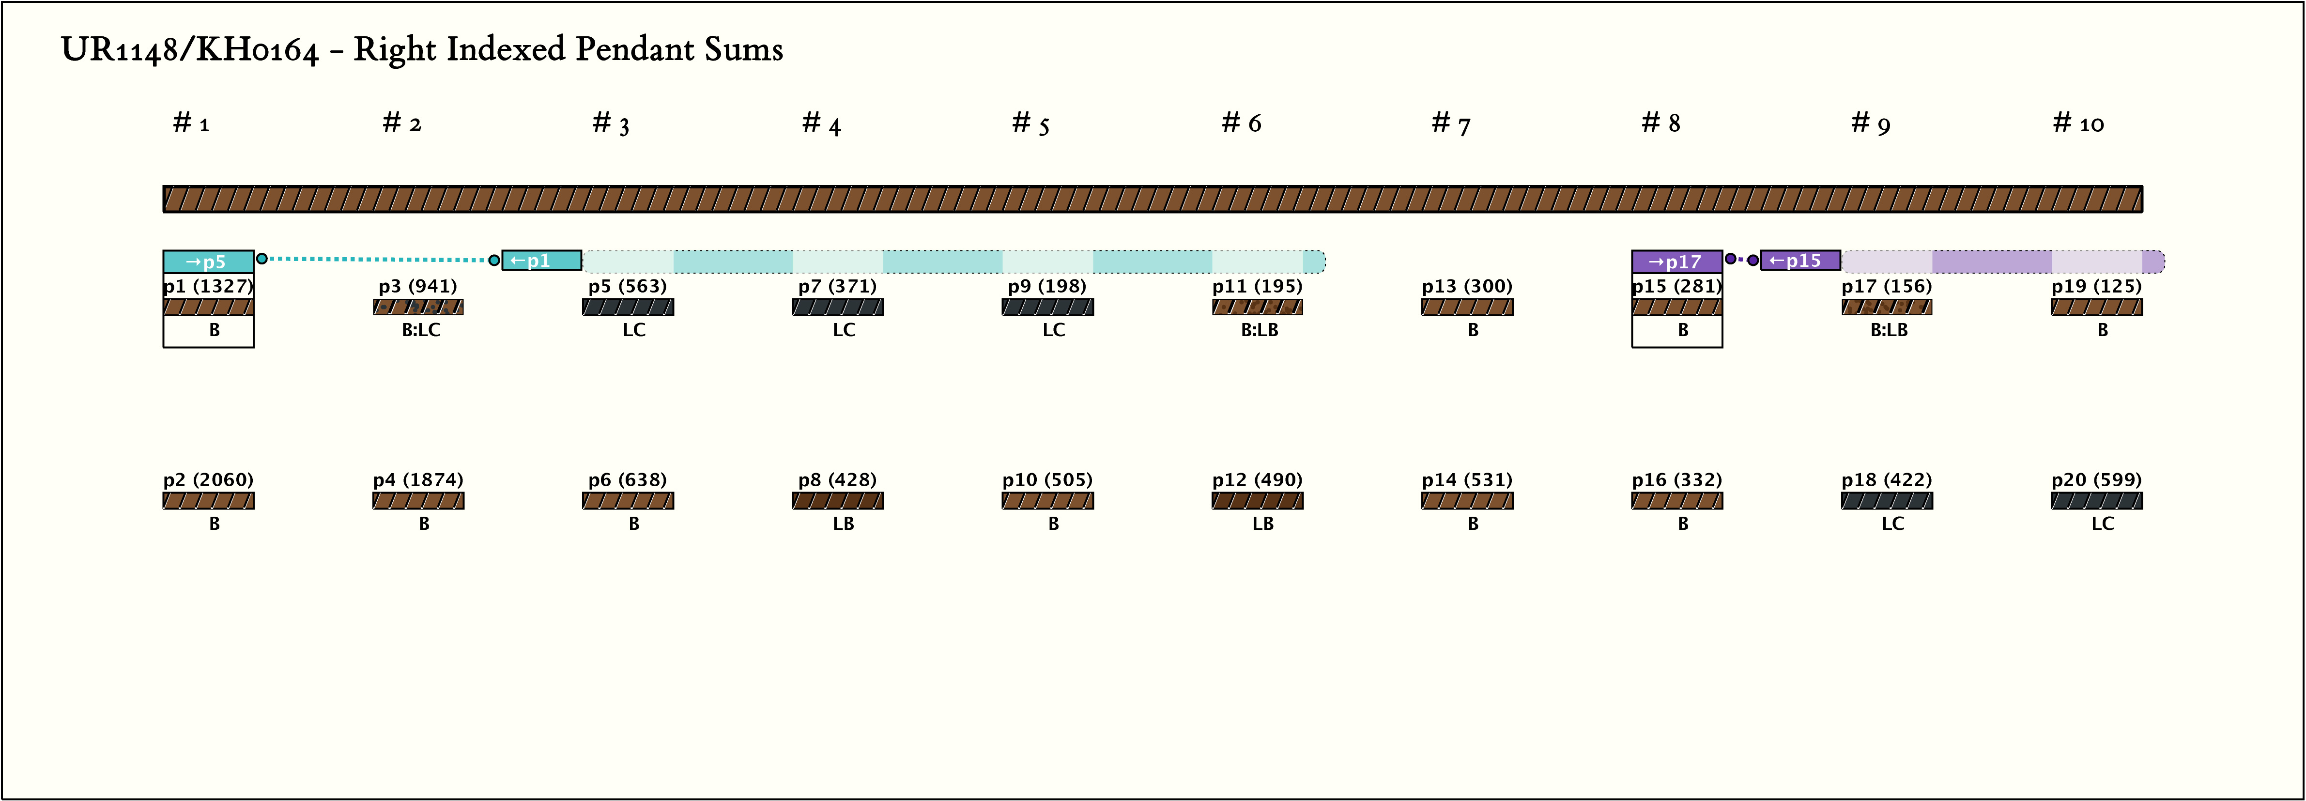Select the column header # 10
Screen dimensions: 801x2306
(x=2078, y=123)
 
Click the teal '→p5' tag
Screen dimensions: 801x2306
(x=208, y=262)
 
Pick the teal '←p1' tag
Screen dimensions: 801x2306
(x=541, y=261)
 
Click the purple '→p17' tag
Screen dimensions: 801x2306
(x=1676, y=262)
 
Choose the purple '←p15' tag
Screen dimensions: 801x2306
(x=1799, y=261)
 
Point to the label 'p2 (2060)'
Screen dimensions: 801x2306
(x=208, y=480)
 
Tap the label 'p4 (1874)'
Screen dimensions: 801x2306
(x=418, y=480)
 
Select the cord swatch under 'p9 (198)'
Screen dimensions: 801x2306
(x=1047, y=307)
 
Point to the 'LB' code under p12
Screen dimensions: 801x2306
(x=1262, y=524)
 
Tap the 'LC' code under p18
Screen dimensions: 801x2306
(x=1892, y=524)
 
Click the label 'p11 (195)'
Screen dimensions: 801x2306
(x=1257, y=286)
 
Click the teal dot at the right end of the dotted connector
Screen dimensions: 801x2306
(x=494, y=261)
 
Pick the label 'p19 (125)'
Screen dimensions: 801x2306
(x=2096, y=286)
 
